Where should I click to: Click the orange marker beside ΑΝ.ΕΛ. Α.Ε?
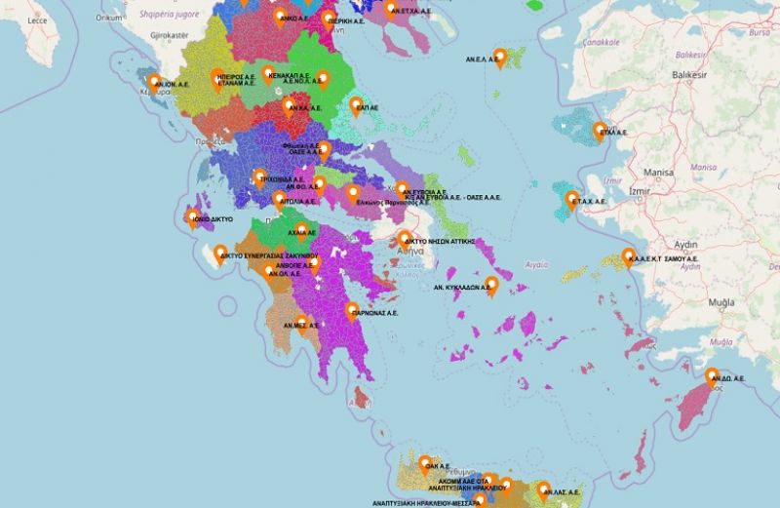point(499,57)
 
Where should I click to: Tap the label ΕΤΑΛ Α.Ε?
point(614,130)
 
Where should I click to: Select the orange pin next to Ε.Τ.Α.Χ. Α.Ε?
point(572,200)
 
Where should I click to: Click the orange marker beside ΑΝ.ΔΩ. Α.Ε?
point(713,376)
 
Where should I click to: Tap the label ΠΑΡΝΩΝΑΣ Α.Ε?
point(375,314)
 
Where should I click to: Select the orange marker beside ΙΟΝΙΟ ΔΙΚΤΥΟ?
point(193,217)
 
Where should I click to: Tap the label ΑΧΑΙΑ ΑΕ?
point(299,233)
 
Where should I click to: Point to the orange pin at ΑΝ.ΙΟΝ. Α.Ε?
point(154,81)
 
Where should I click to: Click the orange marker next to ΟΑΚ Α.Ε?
point(426,464)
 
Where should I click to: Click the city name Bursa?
point(759,31)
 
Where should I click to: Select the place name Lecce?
point(37,20)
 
